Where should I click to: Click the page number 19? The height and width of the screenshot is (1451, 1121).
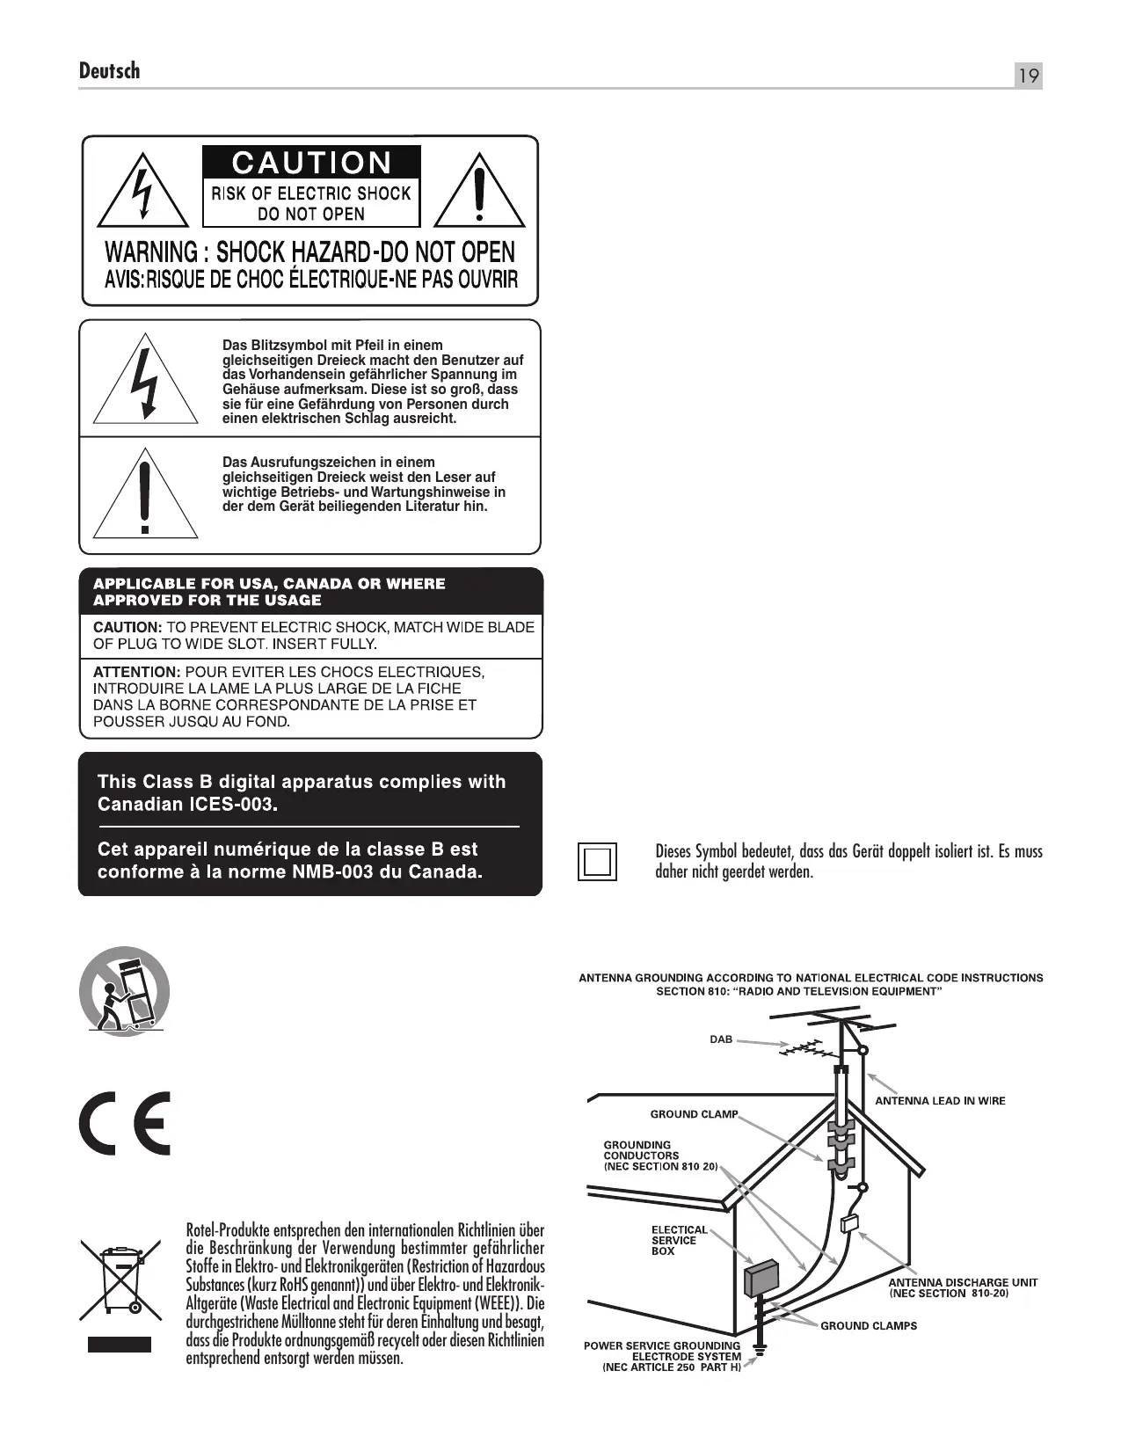click(1028, 77)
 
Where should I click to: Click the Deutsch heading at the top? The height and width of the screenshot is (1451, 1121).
click(109, 70)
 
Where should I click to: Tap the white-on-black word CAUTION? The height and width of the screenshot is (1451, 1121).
click(311, 164)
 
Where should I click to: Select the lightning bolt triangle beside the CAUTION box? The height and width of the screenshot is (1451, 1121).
click(142, 192)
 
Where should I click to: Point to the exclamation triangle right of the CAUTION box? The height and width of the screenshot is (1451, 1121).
click(479, 192)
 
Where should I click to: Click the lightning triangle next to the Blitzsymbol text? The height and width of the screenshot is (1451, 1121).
click(146, 380)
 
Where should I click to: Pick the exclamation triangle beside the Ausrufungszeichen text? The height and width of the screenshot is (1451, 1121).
click(146, 497)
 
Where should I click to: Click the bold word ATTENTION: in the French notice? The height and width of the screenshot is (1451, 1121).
click(135, 673)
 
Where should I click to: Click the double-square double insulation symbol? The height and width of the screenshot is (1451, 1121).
click(598, 861)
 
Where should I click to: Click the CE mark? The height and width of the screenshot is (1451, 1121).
click(124, 1123)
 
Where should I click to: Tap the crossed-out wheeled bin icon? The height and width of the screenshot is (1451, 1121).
click(121, 1280)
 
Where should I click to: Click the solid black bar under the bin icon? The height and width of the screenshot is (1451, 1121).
click(120, 1345)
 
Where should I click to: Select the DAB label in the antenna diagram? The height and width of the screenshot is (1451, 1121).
click(721, 1039)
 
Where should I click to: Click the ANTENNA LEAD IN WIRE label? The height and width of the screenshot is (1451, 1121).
click(940, 1101)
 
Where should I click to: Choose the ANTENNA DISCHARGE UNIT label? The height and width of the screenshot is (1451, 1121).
click(963, 1282)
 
